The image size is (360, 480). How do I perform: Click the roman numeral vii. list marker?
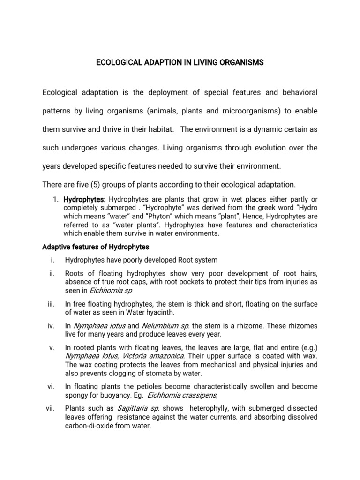[x=51, y=408]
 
